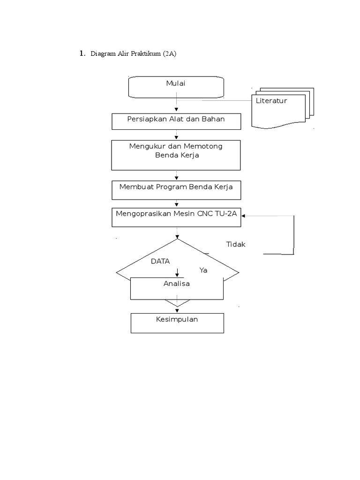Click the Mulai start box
coord(176,88)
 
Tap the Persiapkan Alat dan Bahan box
coord(176,121)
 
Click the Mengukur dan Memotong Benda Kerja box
coord(176,155)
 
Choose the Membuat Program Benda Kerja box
coord(176,189)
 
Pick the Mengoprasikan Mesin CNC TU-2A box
coord(176,217)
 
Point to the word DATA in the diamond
coord(160,261)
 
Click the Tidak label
coord(236,245)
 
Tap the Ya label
coord(203,270)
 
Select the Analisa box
coord(176,288)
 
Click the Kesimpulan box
coord(177,323)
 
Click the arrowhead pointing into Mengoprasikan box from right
coord(244,216)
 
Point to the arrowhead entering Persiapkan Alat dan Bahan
coord(176,109)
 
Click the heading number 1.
coord(82,54)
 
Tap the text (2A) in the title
coord(170,54)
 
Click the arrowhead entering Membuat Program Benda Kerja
coord(176,178)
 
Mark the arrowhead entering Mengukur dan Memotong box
coord(176,137)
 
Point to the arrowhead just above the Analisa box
coord(177,275)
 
